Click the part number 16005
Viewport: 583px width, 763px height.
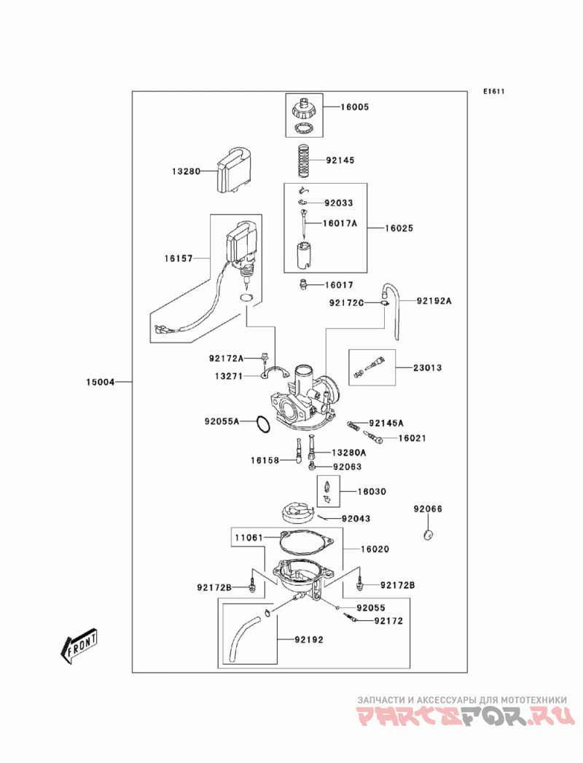[354, 107]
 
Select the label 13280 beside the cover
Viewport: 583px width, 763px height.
[186, 172]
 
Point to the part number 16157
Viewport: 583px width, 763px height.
[178, 259]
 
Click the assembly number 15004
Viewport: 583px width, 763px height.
[101, 383]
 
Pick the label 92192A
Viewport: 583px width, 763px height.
[434, 301]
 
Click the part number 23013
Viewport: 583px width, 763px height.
[428, 368]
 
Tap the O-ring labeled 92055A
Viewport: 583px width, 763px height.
[263, 424]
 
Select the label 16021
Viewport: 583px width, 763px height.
[412, 439]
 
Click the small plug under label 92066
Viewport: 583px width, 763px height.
[429, 534]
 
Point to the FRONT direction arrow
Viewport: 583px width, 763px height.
[78, 646]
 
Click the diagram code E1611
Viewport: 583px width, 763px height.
[494, 91]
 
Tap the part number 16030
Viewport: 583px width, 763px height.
[372, 492]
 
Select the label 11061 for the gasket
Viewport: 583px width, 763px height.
[249, 538]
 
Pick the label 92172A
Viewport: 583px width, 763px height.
[227, 359]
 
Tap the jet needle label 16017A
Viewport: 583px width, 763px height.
[340, 223]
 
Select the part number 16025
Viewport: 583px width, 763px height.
[399, 228]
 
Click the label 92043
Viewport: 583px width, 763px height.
[356, 519]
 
